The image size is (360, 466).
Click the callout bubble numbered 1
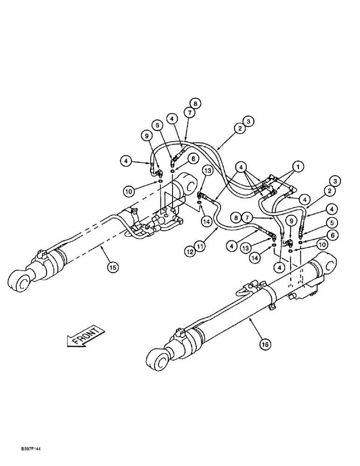pos(297,165)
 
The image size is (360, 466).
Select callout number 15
pos(112,267)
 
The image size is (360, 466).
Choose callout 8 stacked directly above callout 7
pos(194,103)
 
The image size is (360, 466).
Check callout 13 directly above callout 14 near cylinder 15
pos(208,171)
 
